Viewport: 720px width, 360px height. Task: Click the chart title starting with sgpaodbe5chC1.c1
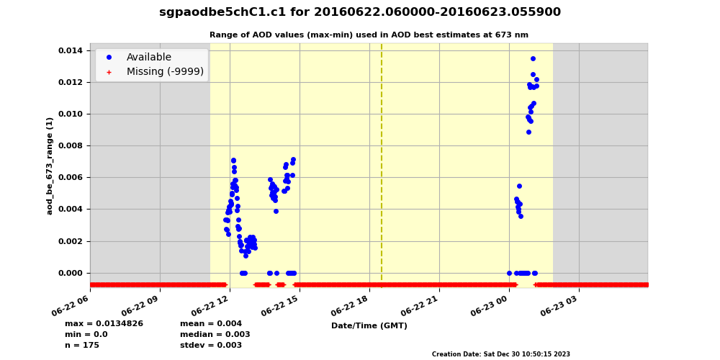[x=360, y=12]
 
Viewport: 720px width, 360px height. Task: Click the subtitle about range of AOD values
[x=369, y=35]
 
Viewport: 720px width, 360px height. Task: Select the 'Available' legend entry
[x=148, y=58]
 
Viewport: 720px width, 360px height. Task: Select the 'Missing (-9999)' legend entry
[x=165, y=72]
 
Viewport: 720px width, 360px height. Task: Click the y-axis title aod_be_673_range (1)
[x=50, y=166]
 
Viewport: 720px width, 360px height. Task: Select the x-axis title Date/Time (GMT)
[x=369, y=326]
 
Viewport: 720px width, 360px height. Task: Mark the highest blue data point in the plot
[x=533, y=59]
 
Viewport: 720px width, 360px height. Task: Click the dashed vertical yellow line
[x=382, y=166]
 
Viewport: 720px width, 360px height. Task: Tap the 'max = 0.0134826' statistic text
[x=104, y=324]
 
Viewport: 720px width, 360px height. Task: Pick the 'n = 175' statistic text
[x=82, y=346]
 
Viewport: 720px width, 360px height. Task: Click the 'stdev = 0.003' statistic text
[x=211, y=346]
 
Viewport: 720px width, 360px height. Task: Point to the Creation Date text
[x=500, y=354]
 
